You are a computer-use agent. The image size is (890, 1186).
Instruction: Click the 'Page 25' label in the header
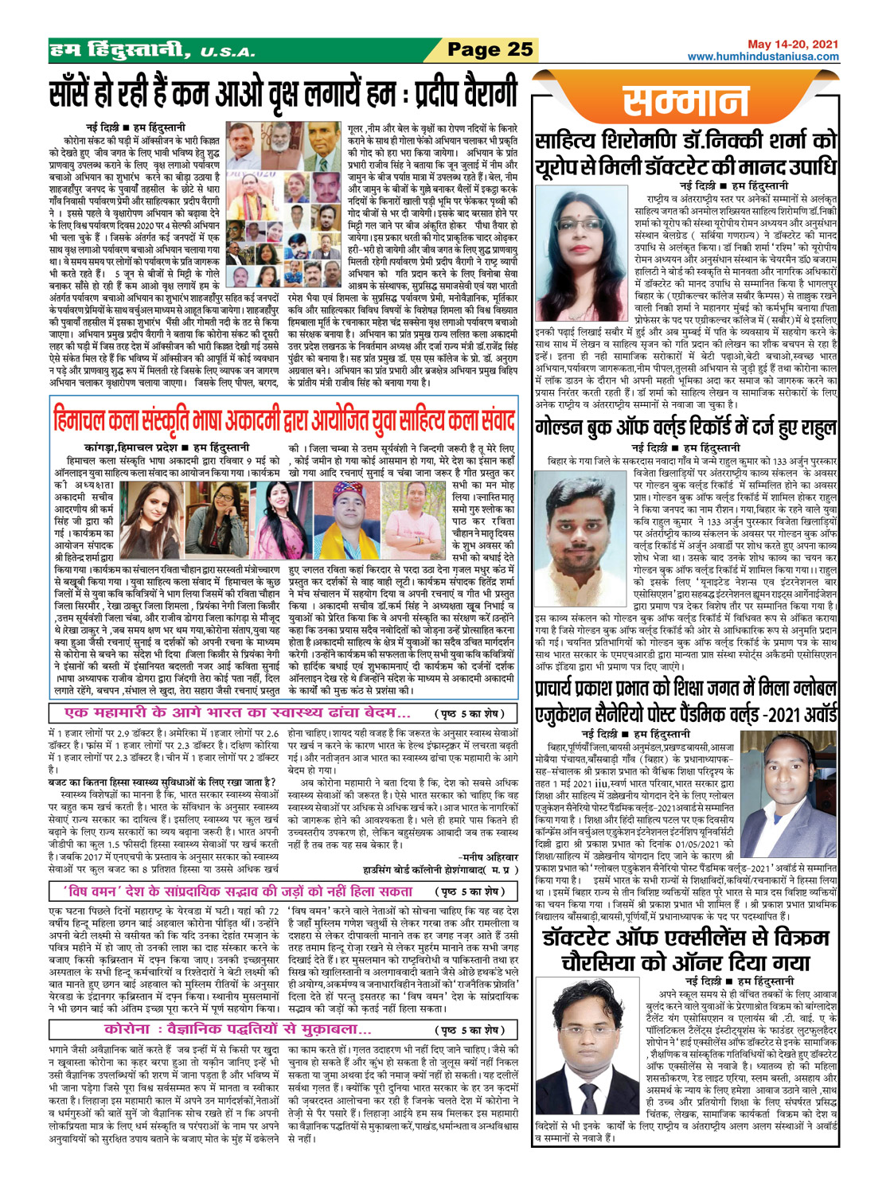click(x=490, y=49)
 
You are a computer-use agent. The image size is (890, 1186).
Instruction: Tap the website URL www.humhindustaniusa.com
click(x=763, y=57)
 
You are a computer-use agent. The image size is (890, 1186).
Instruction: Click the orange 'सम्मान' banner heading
click(x=686, y=101)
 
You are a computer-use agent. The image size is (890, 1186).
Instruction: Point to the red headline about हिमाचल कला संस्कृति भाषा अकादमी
click(x=283, y=419)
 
